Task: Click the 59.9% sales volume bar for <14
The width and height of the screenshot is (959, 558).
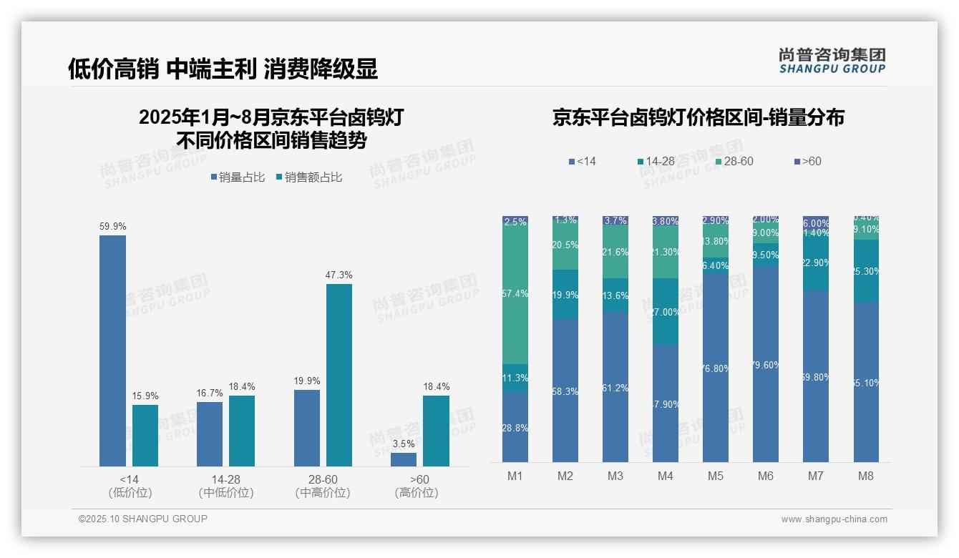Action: pyautogui.click(x=112, y=351)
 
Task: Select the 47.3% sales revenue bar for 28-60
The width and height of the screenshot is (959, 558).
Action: pyautogui.click(x=339, y=375)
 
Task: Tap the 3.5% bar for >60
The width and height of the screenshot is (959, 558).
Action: pyautogui.click(x=404, y=459)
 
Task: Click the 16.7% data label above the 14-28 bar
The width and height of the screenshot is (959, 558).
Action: pyautogui.click(x=210, y=393)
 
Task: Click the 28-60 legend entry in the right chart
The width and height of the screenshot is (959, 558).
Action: pyautogui.click(x=734, y=162)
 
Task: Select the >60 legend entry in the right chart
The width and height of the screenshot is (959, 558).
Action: pyautogui.click(x=807, y=162)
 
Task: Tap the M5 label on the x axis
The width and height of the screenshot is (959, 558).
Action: pyautogui.click(x=716, y=476)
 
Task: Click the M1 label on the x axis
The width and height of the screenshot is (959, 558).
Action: pyautogui.click(x=515, y=476)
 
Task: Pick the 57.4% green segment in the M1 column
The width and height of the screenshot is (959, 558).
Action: pyautogui.click(x=515, y=295)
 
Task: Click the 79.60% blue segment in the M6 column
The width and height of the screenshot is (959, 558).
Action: pyautogui.click(x=766, y=364)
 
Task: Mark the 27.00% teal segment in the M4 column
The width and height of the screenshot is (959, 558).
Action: pyautogui.click(x=666, y=312)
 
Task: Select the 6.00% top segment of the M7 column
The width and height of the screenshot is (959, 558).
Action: pyautogui.click(x=816, y=222)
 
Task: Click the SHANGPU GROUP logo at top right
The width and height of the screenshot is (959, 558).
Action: pyautogui.click(x=832, y=60)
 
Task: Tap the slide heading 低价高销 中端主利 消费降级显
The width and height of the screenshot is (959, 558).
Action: pyautogui.click(x=223, y=69)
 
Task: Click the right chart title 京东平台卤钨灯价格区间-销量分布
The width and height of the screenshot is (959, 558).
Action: pyautogui.click(x=698, y=117)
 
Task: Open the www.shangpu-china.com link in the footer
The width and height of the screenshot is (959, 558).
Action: pyautogui.click(x=834, y=519)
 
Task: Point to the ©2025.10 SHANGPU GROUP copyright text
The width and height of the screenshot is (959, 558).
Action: pyautogui.click(x=143, y=519)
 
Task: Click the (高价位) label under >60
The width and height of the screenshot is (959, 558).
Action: pyautogui.click(x=417, y=493)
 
